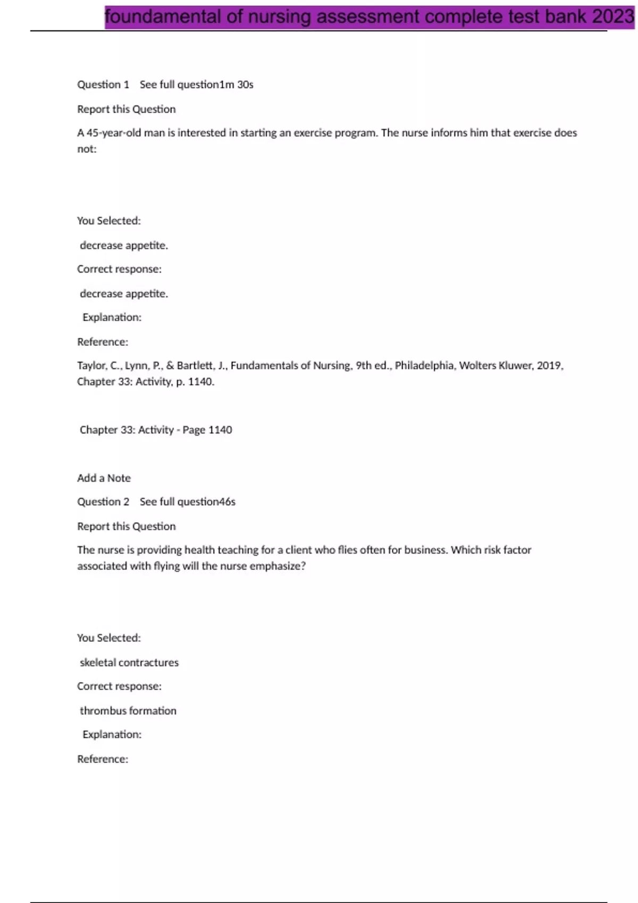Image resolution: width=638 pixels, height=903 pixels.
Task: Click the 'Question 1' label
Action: pyautogui.click(x=103, y=84)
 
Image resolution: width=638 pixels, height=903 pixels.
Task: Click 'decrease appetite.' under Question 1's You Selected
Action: pyautogui.click(x=124, y=245)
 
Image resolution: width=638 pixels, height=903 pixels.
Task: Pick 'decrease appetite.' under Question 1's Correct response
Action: pyautogui.click(x=124, y=294)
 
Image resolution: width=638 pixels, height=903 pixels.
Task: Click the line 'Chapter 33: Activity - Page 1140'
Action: pyautogui.click(x=156, y=430)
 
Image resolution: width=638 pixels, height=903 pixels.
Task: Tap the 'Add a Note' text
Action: pyautogui.click(x=104, y=478)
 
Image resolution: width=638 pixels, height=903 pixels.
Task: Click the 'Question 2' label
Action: pyautogui.click(x=103, y=502)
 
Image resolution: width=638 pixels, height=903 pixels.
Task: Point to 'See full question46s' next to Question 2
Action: pyautogui.click(x=188, y=502)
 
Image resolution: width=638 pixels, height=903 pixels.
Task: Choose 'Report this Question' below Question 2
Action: pyautogui.click(x=127, y=526)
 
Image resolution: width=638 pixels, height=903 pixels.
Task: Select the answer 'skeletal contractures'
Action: pyautogui.click(x=129, y=662)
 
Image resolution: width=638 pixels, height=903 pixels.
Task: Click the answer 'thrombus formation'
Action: pyautogui.click(x=128, y=711)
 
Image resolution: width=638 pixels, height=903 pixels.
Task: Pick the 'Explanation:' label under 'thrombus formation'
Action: pyautogui.click(x=112, y=735)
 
